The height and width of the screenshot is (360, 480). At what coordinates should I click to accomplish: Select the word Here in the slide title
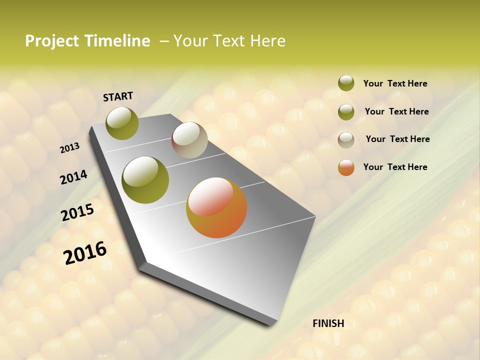click(x=267, y=41)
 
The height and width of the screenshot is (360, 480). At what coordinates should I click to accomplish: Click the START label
click(x=118, y=96)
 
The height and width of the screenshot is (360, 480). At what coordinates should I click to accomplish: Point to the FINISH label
click(x=328, y=323)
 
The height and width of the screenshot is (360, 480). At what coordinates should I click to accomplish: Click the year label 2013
click(x=70, y=148)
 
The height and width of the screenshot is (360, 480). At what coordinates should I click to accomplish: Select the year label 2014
click(x=74, y=177)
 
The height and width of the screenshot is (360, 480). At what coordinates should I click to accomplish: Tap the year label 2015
click(x=77, y=212)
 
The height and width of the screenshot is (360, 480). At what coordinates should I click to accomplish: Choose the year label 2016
click(x=85, y=253)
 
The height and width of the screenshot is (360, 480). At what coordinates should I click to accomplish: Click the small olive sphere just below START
click(x=122, y=123)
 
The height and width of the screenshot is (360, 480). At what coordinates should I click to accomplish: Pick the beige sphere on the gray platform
click(x=189, y=140)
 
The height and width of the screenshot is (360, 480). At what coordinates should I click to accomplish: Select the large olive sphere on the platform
click(x=145, y=180)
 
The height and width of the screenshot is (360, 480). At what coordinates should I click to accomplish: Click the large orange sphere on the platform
click(x=216, y=207)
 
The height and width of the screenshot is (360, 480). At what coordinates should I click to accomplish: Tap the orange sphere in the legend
click(x=346, y=167)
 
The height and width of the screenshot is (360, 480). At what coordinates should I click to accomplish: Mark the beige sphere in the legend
click(x=346, y=139)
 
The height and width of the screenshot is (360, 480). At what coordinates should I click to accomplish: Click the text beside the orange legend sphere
click(x=395, y=167)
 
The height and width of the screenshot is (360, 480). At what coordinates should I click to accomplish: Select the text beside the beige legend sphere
click(x=397, y=139)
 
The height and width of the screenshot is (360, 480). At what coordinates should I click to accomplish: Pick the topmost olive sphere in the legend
click(x=346, y=83)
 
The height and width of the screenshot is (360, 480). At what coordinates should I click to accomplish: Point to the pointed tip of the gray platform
click(x=274, y=324)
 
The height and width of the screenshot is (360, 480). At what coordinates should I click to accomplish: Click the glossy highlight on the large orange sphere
click(x=210, y=196)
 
